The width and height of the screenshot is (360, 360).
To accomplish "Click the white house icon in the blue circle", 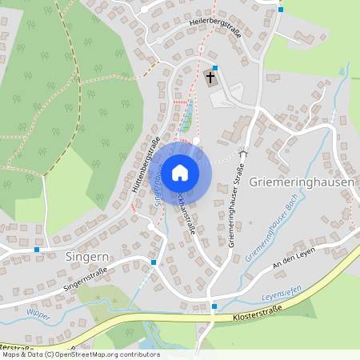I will tap(180, 171).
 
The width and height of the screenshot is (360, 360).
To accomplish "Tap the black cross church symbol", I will tap(210, 78).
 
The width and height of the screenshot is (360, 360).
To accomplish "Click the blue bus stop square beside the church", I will tap(214, 67).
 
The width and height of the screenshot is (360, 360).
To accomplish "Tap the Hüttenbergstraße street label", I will tap(144, 168).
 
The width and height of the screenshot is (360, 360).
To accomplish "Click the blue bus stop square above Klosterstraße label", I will tap(214, 306).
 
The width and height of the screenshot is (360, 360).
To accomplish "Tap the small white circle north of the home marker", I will tap(197, 140).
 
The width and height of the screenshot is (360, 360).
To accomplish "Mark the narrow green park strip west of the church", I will tap(187, 118).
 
